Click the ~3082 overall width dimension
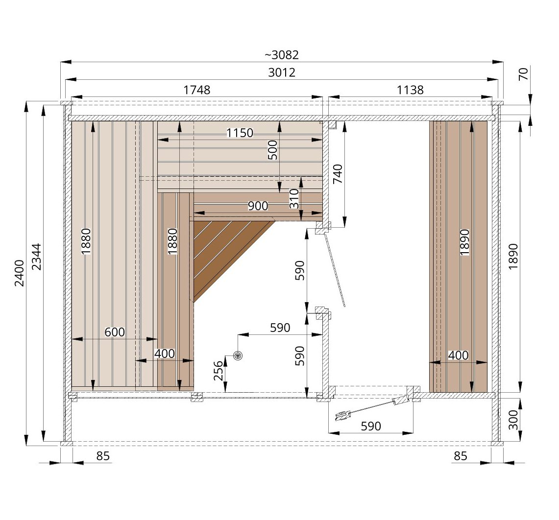[x=282, y=55]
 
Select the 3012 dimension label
[x=282, y=72]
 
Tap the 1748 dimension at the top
[x=197, y=90]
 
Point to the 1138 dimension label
[x=410, y=90]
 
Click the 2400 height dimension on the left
[x=19, y=273]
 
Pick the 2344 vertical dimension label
[x=37, y=257]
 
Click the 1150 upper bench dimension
[x=240, y=133]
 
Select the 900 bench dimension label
[x=258, y=206]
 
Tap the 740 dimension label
[x=338, y=174]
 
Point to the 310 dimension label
[x=294, y=198]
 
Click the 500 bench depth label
[x=273, y=150]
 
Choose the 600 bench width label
[x=115, y=332]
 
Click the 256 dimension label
[x=219, y=371]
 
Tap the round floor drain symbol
[x=238, y=355]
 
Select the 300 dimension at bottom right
[x=512, y=420]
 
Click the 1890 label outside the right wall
[x=512, y=257]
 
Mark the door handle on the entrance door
[x=342, y=416]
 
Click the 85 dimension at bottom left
[x=103, y=456]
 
